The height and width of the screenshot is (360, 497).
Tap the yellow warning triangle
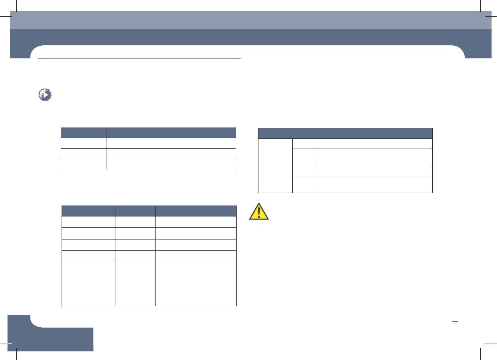(x=259, y=212)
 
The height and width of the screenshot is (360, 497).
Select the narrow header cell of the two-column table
(x=83, y=133)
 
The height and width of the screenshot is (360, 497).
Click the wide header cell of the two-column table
(x=171, y=133)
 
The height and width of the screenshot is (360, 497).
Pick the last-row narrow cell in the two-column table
(x=83, y=164)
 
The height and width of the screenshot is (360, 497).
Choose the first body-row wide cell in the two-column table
(x=171, y=143)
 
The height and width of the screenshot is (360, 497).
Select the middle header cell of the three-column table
(x=135, y=211)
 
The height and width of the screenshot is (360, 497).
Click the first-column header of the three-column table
(x=88, y=211)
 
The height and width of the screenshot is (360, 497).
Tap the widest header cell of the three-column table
(x=196, y=211)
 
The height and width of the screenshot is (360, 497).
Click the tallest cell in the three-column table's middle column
(x=135, y=284)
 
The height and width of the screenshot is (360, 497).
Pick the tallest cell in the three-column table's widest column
(x=196, y=284)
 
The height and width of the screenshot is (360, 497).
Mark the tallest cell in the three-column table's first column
(x=88, y=284)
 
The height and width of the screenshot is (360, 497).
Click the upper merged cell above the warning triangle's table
(x=275, y=152)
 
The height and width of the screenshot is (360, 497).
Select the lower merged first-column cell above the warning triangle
(x=275, y=179)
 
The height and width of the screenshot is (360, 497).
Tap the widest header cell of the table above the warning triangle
(x=375, y=133)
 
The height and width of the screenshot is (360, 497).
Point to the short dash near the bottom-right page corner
(x=454, y=322)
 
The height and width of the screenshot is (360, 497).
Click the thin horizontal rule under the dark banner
(x=140, y=59)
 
